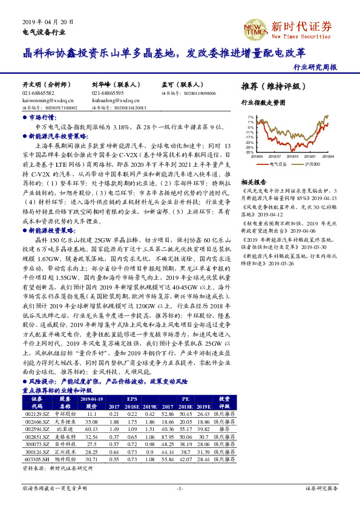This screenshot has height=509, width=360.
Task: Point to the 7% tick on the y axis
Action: pos(250,117)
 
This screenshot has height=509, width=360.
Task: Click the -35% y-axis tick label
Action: pos(250,152)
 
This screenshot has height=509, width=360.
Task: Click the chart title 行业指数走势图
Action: pos(262,103)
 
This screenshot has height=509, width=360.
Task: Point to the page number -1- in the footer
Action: pos(179,487)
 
